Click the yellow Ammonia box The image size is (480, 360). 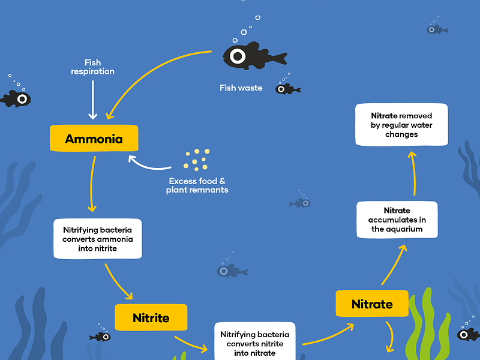click(x=94, y=139)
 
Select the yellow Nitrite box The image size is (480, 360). click(x=151, y=317)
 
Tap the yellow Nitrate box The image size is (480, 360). click(x=372, y=304)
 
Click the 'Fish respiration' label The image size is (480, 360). click(x=92, y=67)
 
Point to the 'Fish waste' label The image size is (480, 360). click(x=241, y=88)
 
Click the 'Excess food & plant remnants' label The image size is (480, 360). click(x=197, y=185)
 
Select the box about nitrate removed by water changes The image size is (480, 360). click(x=401, y=125)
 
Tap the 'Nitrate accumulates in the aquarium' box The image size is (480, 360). click(x=397, y=220)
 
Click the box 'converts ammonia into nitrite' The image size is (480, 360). click(x=98, y=239)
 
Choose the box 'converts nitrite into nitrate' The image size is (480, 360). click(x=254, y=343)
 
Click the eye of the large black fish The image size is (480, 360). click(x=238, y=56)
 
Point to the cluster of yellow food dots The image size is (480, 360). click(x=196, y=158)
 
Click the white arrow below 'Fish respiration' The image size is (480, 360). click(x=92, y=98)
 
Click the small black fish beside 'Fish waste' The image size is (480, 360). click(x=287, y=89)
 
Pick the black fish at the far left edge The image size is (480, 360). click(x=16, y=98)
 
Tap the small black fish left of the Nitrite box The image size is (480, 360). click(x=100, y=337)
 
